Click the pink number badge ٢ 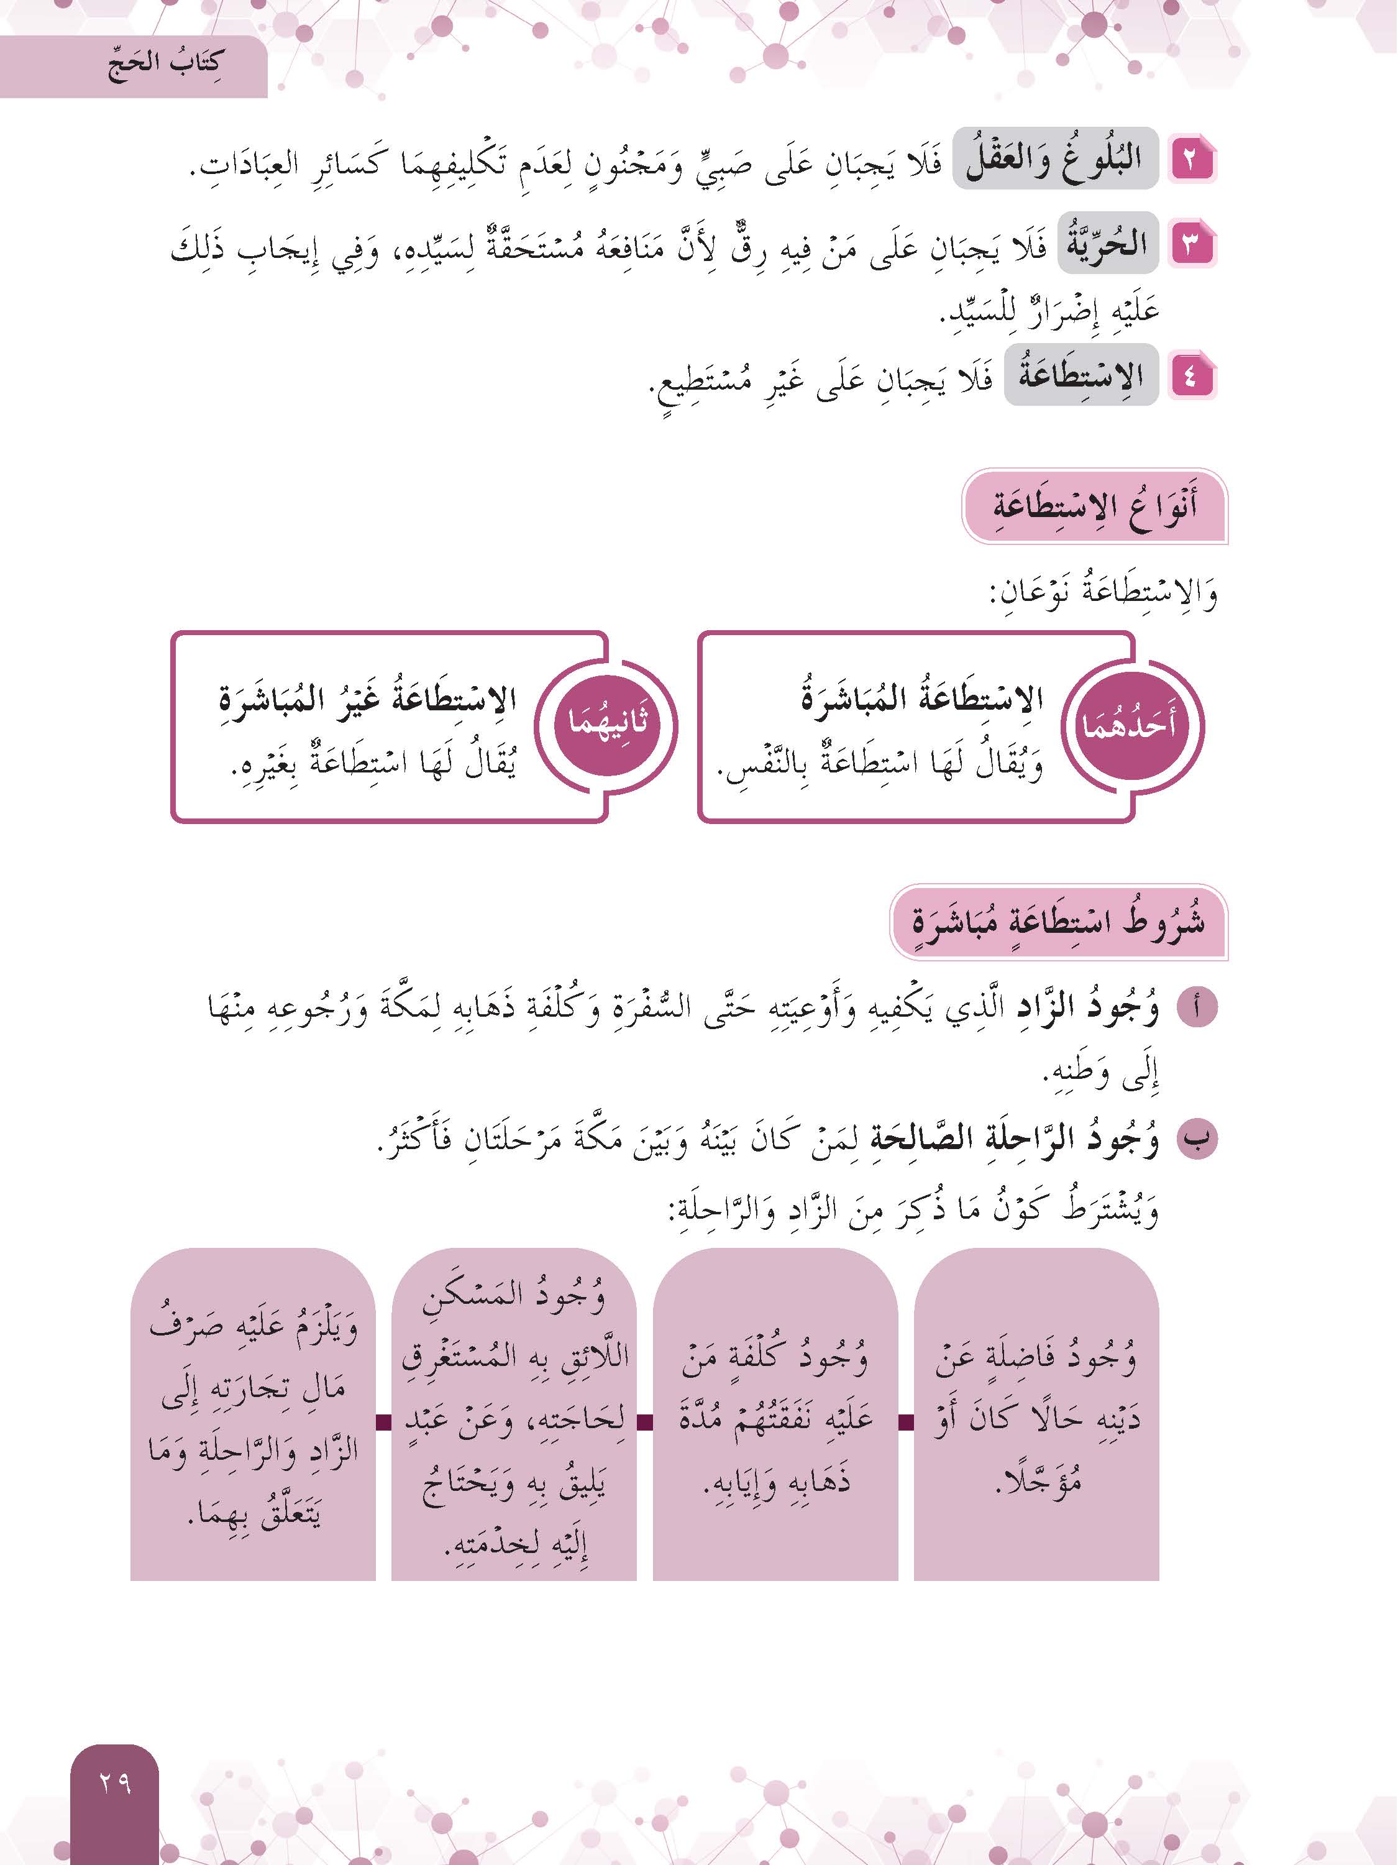click(1192, 159)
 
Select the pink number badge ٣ click(1192, 245)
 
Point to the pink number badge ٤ click(1192, 376)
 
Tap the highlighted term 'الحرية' click(1107, 244)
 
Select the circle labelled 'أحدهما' click(1130, 726)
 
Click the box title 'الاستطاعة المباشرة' click(923, 698)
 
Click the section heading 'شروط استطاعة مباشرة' click(1058, 922)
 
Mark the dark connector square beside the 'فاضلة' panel click(905, 1423)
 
